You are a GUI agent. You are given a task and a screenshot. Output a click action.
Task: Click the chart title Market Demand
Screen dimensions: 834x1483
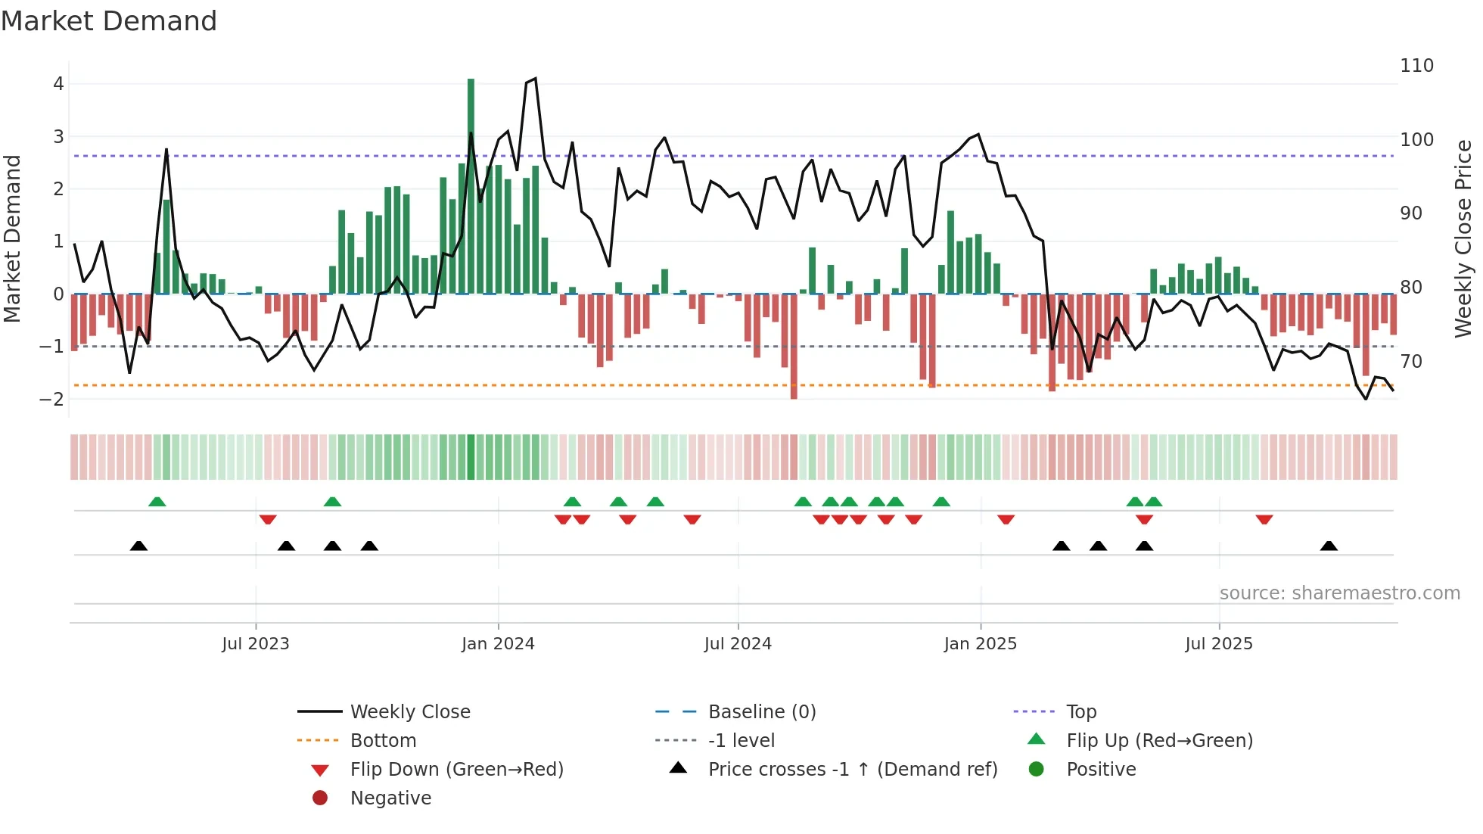pos(109,21)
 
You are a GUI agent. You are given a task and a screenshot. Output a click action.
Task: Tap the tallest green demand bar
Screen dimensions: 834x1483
pos(471,185)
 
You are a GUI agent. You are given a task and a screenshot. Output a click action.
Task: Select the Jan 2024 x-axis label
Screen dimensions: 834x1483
pos(498,644)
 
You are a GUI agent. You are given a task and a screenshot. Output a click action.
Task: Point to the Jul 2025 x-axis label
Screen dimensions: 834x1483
pos(1218,644)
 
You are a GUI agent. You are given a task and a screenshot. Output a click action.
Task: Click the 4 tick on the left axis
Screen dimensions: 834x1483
pos(58,84)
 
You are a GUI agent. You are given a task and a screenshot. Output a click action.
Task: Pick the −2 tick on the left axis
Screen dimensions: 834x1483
pos(52,399)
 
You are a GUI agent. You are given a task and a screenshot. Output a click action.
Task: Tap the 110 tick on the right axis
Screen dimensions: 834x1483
pos(1416,66)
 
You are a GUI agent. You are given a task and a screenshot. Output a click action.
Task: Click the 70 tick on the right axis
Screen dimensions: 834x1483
pos(1411,362)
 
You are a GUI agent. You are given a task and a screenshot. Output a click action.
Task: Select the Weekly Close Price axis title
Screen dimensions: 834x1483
pos(1463,238)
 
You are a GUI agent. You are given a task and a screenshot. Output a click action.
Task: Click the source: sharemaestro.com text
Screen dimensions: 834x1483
pos(1339,593)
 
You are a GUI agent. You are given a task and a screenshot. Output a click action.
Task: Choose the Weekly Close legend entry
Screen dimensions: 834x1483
pos(409,712)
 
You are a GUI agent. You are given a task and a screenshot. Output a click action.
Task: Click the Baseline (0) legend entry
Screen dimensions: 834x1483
pos(761,712)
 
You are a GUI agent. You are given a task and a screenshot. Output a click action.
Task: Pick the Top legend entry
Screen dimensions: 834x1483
pos(1080,712)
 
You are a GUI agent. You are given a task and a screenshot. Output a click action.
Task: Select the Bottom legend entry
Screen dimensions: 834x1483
pos(383,741)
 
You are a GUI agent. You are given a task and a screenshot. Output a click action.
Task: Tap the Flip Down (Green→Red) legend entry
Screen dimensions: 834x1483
pos(456,770)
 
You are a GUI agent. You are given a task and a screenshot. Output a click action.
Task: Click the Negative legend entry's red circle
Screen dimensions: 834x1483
pos(320,798)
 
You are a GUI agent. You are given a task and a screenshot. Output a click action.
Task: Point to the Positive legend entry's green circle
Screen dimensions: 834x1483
pos(1037,770)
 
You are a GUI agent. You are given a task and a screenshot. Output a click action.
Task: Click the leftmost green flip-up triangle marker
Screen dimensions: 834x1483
pos(157,502)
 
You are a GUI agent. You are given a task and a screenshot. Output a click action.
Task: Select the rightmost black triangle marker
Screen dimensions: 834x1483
pos(1329,546)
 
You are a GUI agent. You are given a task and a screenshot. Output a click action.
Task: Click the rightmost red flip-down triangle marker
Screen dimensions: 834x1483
pos(1264,519)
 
